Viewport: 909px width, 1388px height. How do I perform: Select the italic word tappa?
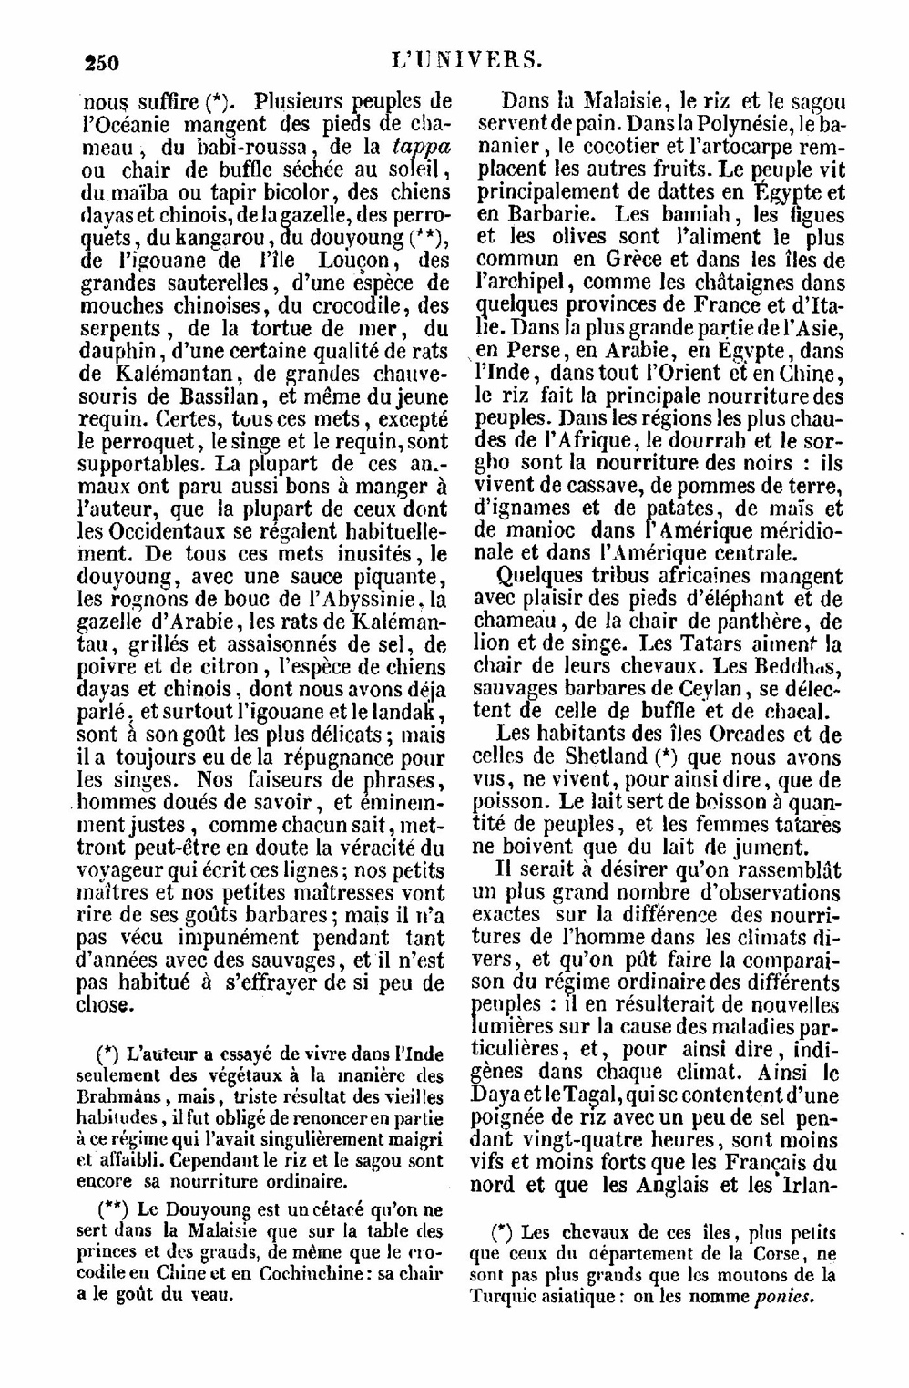[420, 146]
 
